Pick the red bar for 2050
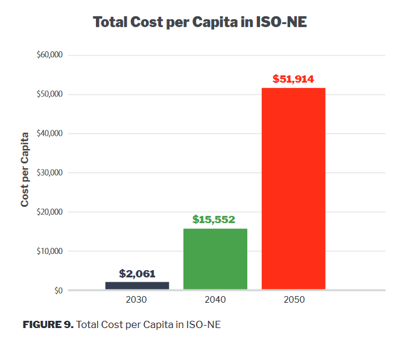coord(293,189)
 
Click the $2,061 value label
coord(137,274)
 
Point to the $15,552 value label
coord(214,219)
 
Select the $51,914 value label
coord(293,79)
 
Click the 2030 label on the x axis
coord(136,300)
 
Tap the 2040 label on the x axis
coord(215,300)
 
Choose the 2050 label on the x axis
coord(294,300)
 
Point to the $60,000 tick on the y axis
coord(49,55)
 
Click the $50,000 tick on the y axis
coord(49,95)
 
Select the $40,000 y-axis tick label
coord(49,134)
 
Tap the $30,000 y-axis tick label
coord(49,173)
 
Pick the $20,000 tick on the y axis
coord(49,212)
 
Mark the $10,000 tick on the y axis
coord(49,251)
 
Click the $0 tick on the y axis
coord(58,291)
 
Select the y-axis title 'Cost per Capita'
coord(25,168)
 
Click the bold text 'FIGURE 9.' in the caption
coord(48,325)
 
